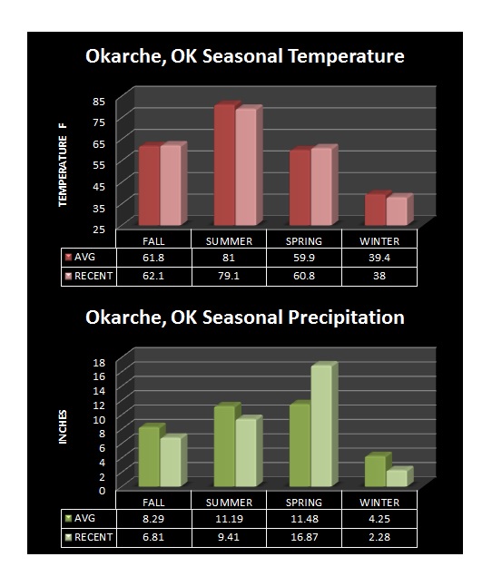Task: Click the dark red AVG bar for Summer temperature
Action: click(225, 164)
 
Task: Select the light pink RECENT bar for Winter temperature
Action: click(397, 211)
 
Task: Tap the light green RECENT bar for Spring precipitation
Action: click(321, 425)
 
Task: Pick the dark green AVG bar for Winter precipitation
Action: click(375, 471)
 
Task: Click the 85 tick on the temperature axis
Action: click(99, 102)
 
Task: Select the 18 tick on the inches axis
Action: click(100, 362)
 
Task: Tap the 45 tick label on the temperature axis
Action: click(99, 187)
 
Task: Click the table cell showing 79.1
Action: click(229, 276)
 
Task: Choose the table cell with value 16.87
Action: click(304, 537)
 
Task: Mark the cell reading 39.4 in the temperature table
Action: click(379, 258)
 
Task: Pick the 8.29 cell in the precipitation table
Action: click(153, 519)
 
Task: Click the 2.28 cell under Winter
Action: click(379, 537)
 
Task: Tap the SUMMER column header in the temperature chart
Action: click(229, 241)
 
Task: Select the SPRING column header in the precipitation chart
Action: click(304, 503)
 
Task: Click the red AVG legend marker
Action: click(68, 257)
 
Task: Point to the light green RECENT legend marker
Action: click(68, 537)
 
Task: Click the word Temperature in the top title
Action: click(347, 56)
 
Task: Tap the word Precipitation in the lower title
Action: click(347, 318)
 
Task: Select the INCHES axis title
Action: click(63, 426)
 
